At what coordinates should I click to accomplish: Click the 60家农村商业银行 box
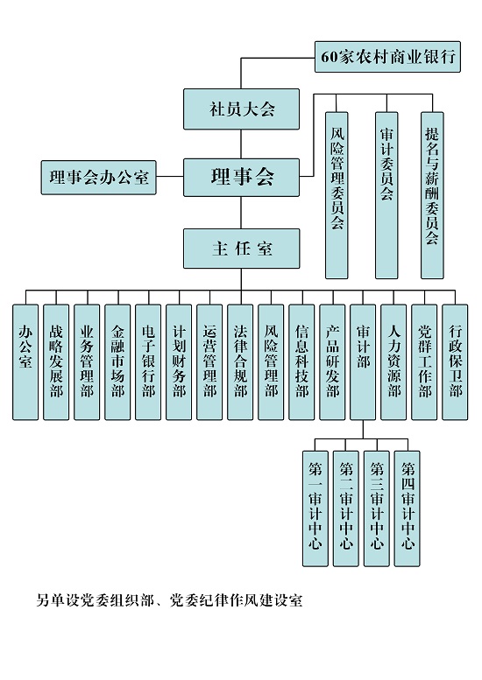point(387,57)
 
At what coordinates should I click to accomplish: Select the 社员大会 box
point(241,109)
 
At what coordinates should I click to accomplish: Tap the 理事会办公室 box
point(98,178)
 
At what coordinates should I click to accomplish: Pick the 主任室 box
point(241,249)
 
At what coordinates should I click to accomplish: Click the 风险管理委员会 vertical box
point(337,195)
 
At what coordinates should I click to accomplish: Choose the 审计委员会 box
point(386,195)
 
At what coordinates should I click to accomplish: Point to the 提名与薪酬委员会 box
point(432,195)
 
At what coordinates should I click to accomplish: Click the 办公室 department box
point(25,362)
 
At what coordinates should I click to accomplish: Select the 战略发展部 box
point(56,362)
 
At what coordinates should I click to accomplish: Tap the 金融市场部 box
point(117,362)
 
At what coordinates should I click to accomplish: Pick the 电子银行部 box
point(148,362)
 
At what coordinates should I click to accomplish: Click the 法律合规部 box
point(240,362)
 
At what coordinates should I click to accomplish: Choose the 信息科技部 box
point(301,362)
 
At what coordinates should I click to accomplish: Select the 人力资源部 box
point(393,362)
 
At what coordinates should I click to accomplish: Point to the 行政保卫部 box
point(455,362)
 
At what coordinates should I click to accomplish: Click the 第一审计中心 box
point(315,508)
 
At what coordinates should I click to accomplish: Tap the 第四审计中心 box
point(408,508)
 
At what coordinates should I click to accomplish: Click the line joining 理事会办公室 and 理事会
point(170,177)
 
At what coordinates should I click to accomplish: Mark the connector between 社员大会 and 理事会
point(241,144)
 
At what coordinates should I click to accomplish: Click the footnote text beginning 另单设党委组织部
point(169,600)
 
